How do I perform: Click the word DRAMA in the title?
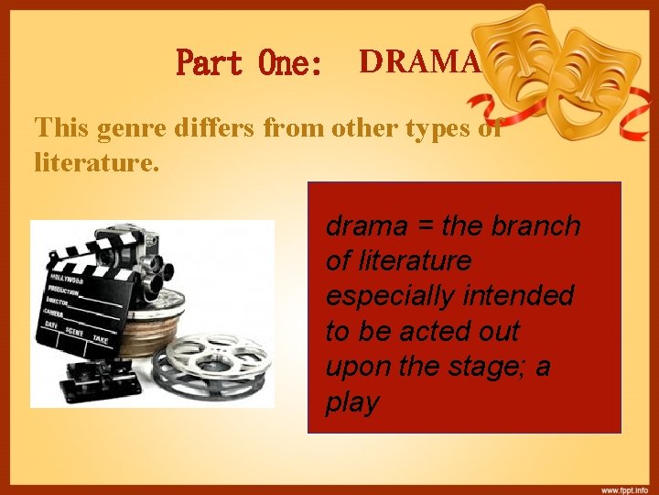(x=419, y=61)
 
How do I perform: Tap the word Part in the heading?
(x=210, y=63)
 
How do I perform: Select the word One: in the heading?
(x=291, y=63)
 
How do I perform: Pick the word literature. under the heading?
(x=96, y=162)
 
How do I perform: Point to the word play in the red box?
(x=351, y=402)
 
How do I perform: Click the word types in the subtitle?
(x=423, y=128)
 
